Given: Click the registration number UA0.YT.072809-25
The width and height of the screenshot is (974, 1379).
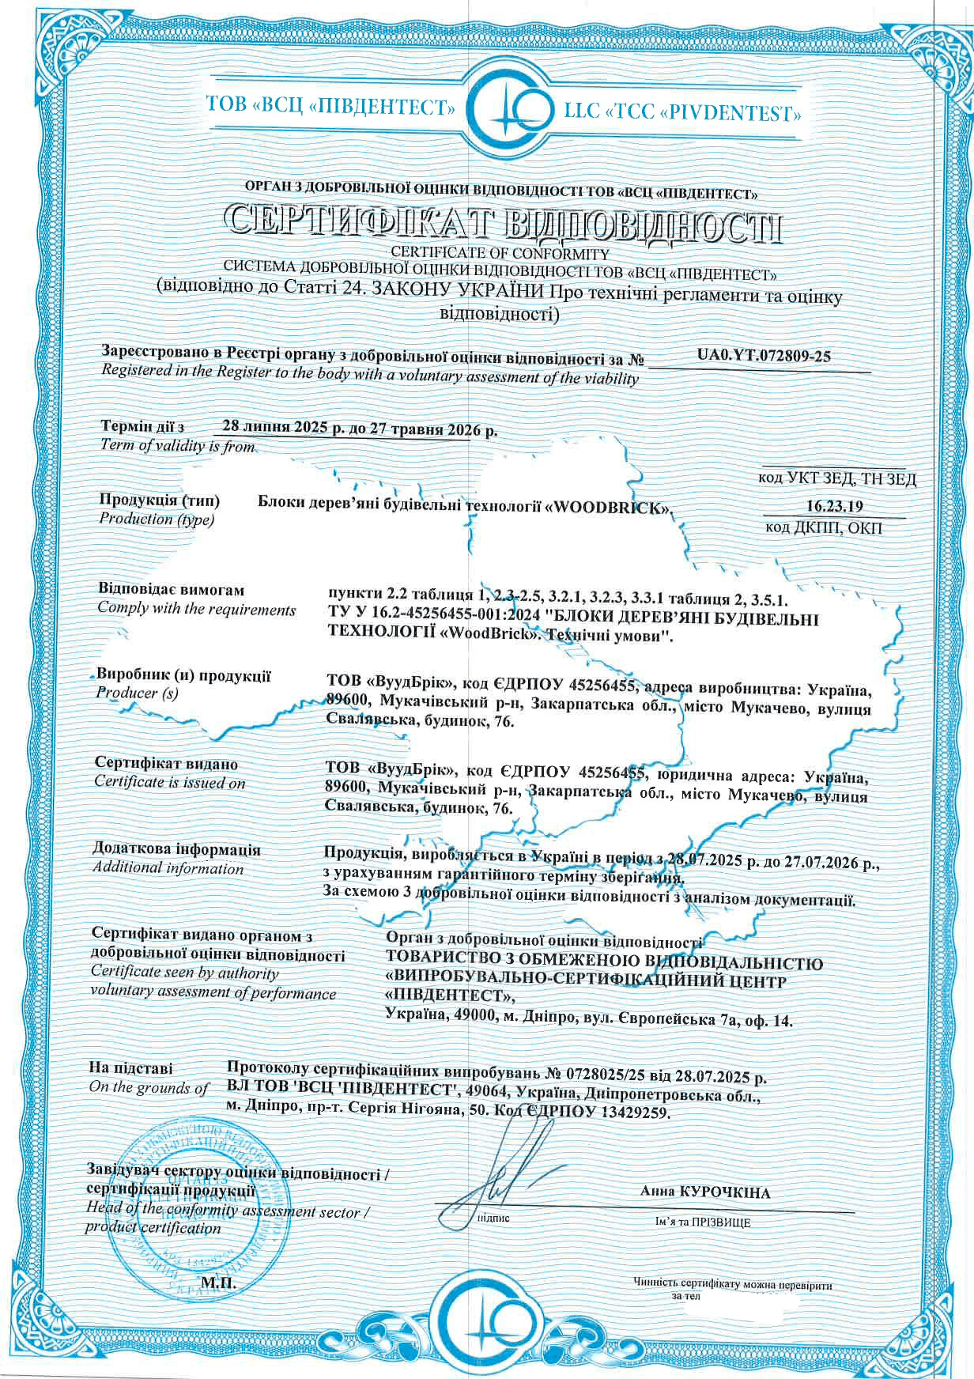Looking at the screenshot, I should pos(764,356).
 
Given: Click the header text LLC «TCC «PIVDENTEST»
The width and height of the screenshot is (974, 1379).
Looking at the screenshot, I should pos(682,113).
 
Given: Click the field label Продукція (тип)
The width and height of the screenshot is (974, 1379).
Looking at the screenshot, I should pos(159,500).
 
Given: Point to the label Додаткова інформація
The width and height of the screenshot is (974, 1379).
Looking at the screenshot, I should pos(176,850).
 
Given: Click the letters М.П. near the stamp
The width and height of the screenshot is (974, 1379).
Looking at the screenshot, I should pos(219,1283).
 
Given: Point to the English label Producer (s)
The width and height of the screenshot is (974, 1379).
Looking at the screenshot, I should pos(137,693).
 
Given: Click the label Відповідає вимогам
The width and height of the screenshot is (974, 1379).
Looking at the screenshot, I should pos(171,590).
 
